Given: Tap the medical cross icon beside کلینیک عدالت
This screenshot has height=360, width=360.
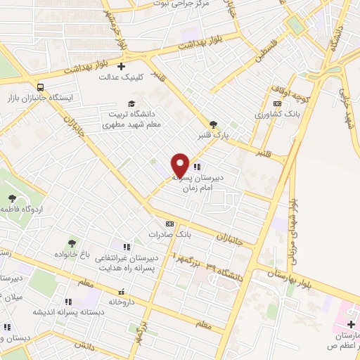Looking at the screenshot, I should [x=122, y=67].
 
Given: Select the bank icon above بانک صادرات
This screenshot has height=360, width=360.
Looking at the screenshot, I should [x=169, y=223].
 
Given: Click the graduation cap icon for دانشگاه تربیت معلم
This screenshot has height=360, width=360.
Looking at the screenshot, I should [x=131, y=103].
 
